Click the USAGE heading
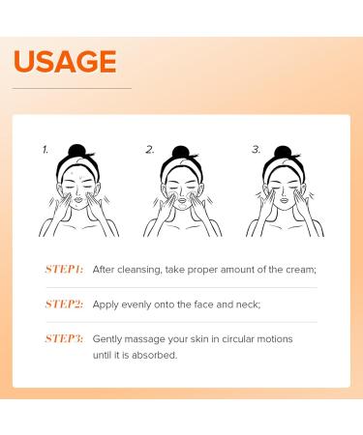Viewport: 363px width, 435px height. tap(65, 61)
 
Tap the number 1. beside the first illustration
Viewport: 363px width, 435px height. tap(45, 150)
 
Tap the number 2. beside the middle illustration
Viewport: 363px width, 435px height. tap(150, 150)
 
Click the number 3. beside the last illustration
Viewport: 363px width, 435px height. tap(256, 150)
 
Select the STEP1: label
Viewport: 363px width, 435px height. tap(64, 269)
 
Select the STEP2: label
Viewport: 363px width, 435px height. tap(64, 304)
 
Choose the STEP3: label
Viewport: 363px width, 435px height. tap(64, 338)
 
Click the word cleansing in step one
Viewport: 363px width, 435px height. tap(138, 270)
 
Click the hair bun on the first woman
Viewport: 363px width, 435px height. tap(76, 151)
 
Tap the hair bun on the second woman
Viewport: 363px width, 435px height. tap(180, 153)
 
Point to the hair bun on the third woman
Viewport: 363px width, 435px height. tap(283, 152)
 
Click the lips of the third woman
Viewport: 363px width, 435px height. tap(284, 200)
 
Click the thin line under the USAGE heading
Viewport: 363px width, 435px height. tap(72, 88)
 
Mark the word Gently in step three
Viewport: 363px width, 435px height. tap(107, 339)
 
